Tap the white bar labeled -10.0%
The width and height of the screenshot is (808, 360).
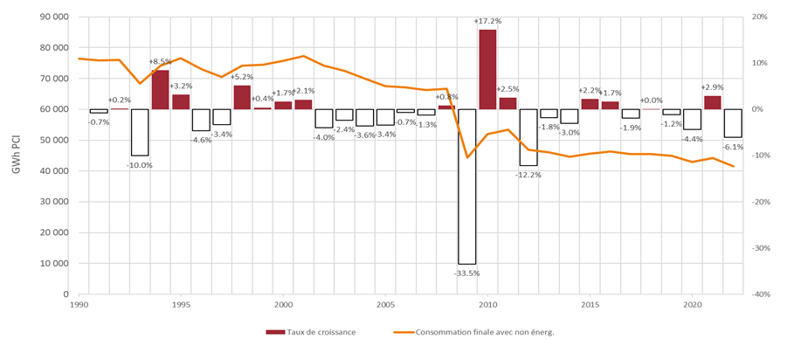pyautogui.click(x=140, y=132)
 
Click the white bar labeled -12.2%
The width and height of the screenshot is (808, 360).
pyautogui.click(x=528, y=137)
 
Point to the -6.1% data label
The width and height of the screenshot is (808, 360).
pyautogui.click(x=733, y=146)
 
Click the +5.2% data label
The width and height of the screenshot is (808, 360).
pyautogui.click(x=242, y=78)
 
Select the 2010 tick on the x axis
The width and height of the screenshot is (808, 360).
pyautogui.click(x=487, y=305)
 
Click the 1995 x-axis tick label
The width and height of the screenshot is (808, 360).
pyautogui.click(x=181, y=305)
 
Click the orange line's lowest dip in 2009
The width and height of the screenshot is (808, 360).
pyautogui.click(x=467, y=157)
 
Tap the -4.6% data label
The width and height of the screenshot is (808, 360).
pyautogui.click(x=201, y=139)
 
